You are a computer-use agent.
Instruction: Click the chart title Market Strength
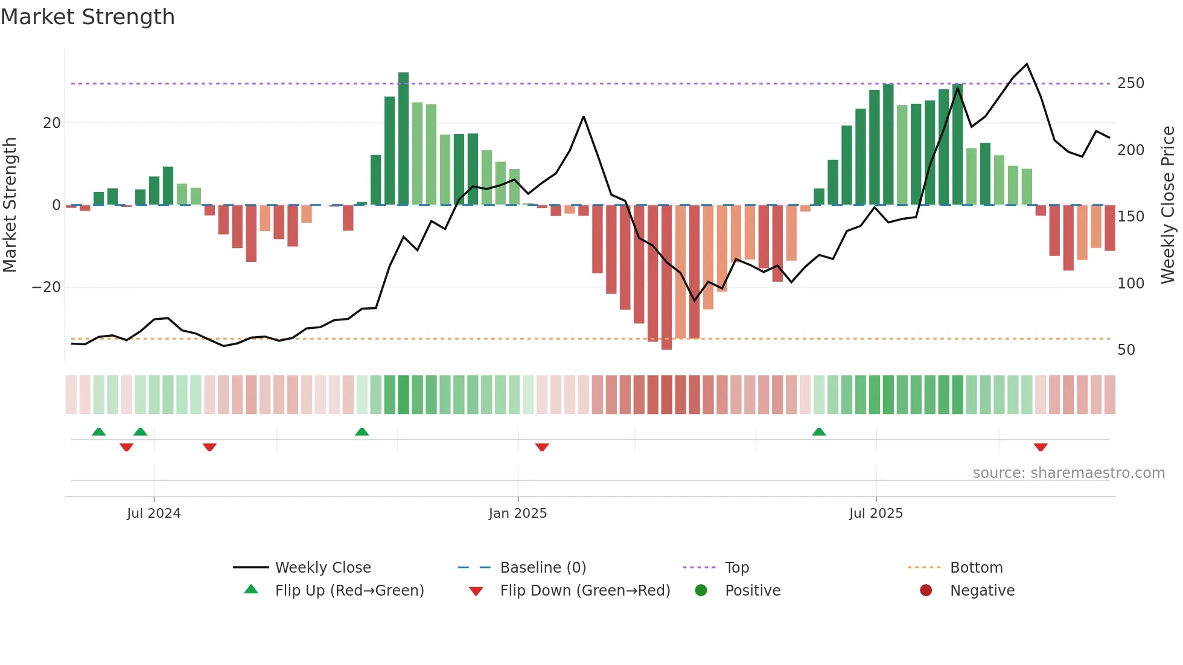pyautogui.click(x=88, y=17)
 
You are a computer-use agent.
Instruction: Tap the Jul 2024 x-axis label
pyautogui.click(x=153, y=514)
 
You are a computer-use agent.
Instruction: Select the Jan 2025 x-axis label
pyautogui.click(x=518, y=514)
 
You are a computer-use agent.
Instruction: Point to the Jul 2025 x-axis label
pyautogui.click(x=876, y=514)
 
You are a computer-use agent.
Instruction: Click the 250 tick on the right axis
pyautogui.click(x=1130, y=83)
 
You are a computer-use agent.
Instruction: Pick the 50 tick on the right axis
pyautogui.click(x=1126, y=350)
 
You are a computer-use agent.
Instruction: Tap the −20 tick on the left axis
pyautogui.click(x=46, y=287)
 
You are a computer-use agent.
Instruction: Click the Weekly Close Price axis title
pyautogui.click(x=1168, y=205)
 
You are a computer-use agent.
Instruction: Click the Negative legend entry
pyautogui.click(x=982, y=591)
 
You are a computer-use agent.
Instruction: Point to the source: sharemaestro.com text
pyautogui.click(x=1068, y=473)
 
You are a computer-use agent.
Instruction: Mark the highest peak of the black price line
pyautogui.click(x=1027, y=64)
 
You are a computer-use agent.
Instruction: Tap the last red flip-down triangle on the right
pyautogui.click(x=1040, y=447)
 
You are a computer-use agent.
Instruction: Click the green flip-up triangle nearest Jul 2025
pyautogui.click(x=819, y=432)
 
